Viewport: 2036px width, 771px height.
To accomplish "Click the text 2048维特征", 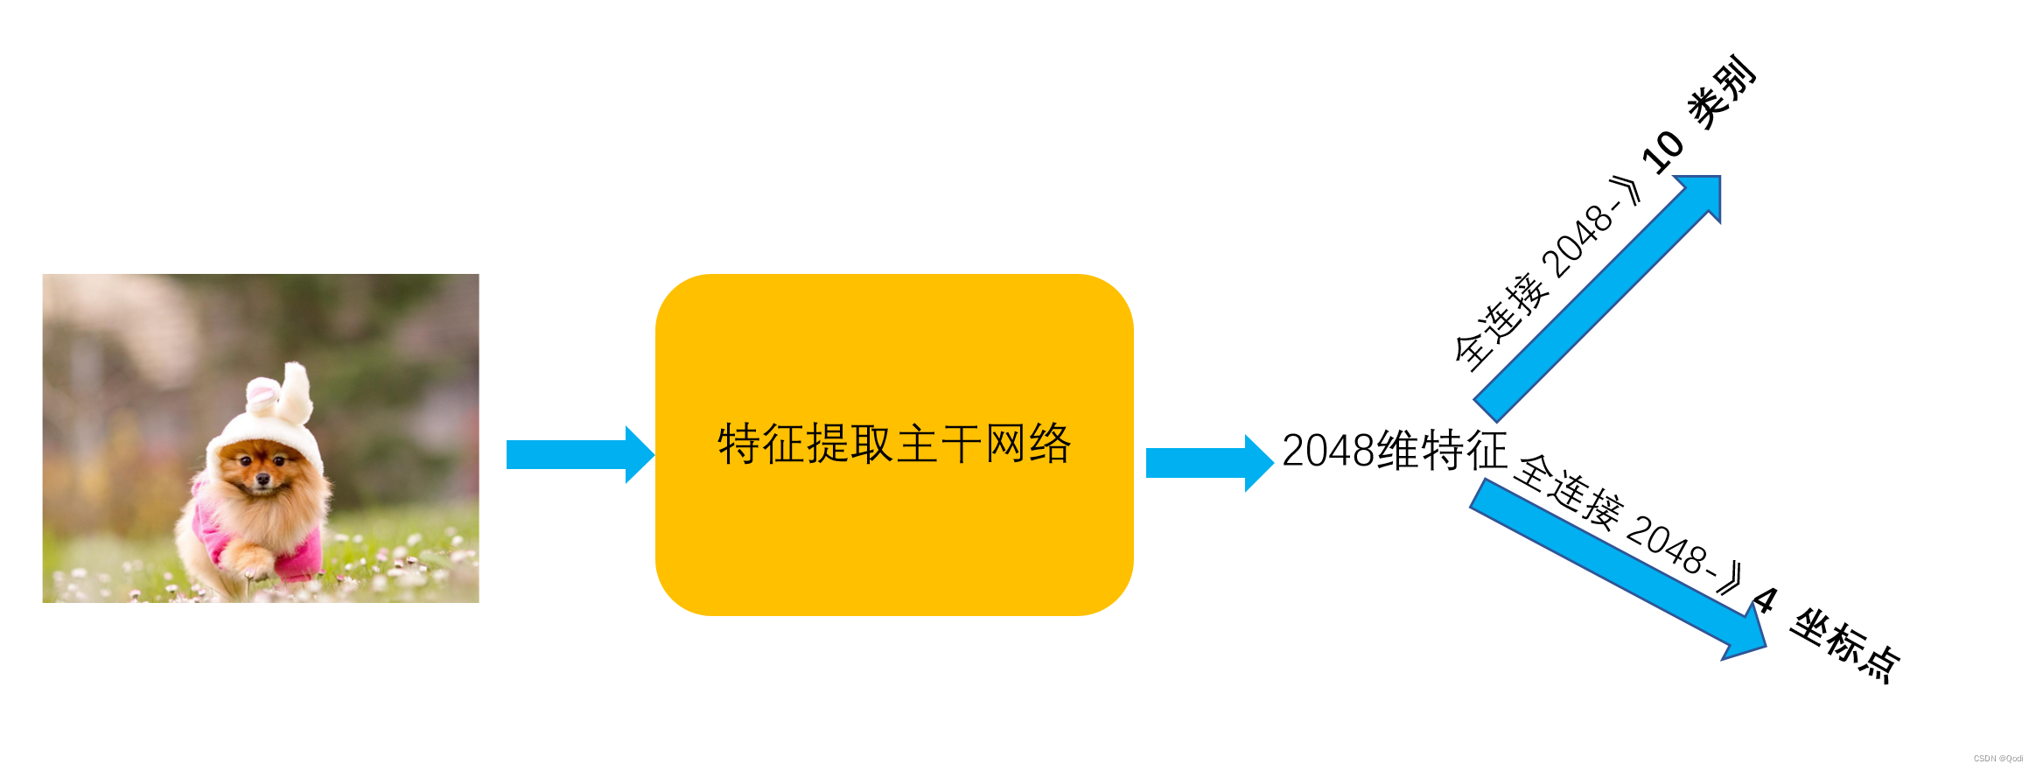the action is pyautogui.click(x=1395, y=451).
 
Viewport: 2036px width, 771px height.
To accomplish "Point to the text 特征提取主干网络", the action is pyautogui.click(x=894, y=444).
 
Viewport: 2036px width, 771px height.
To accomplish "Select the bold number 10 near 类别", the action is pyautogui.click(x=1662, y=151).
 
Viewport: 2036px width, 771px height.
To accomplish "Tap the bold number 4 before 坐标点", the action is pyautogui.click(x=1764, y=601).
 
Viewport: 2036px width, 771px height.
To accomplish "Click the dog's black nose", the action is pyautogui.click(x=262, y=480).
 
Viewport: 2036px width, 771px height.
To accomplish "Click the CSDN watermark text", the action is pyautogui.click(x=1998, y=759).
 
